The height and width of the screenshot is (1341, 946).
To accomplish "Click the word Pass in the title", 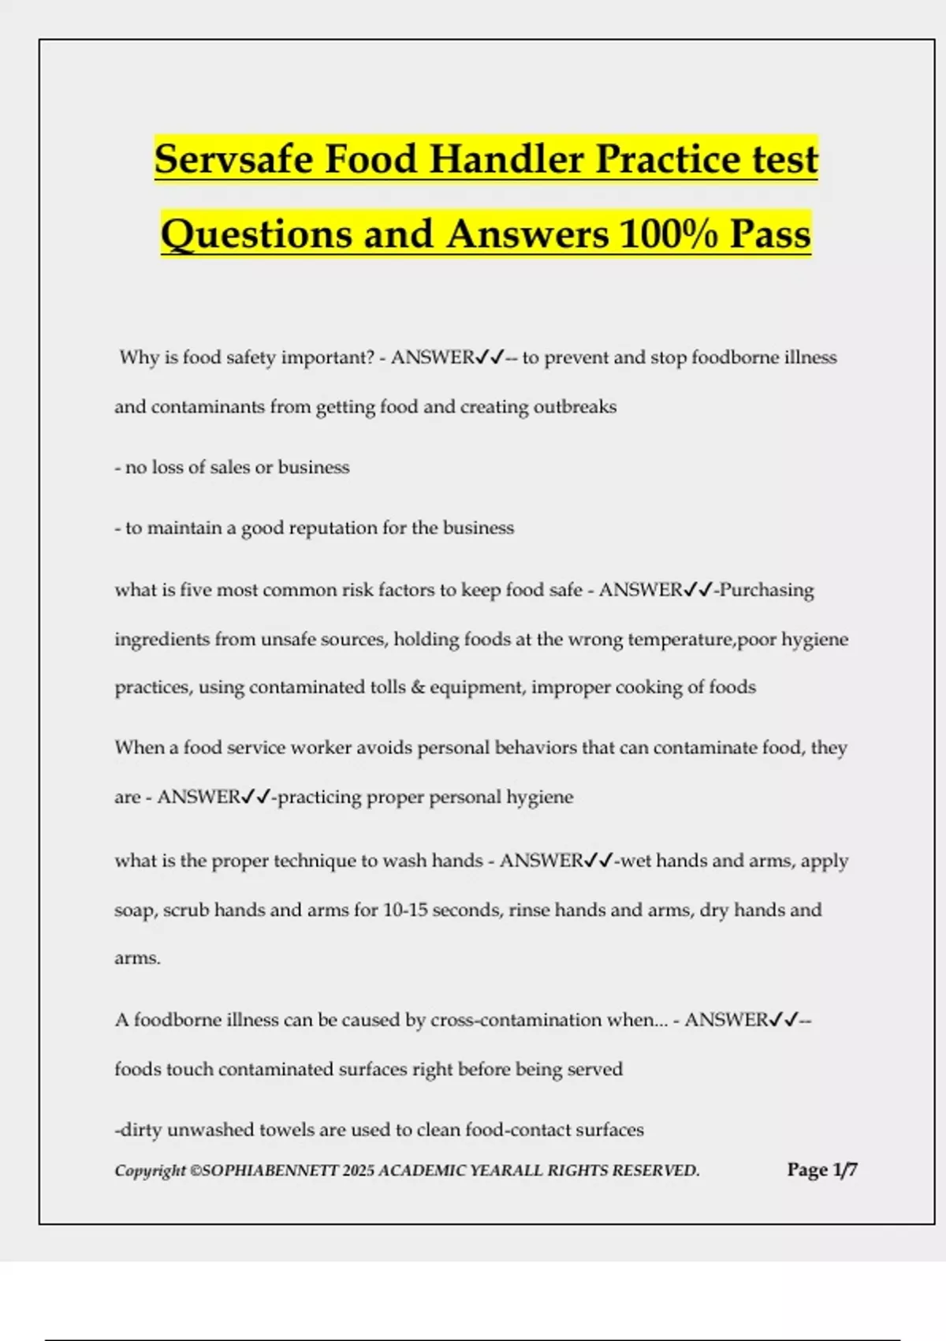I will [770, 234].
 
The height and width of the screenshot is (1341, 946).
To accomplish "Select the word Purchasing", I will [767, 590].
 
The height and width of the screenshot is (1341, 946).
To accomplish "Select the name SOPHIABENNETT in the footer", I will [270, 1171].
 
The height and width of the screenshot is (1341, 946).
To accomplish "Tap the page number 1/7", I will [845, 1170].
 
